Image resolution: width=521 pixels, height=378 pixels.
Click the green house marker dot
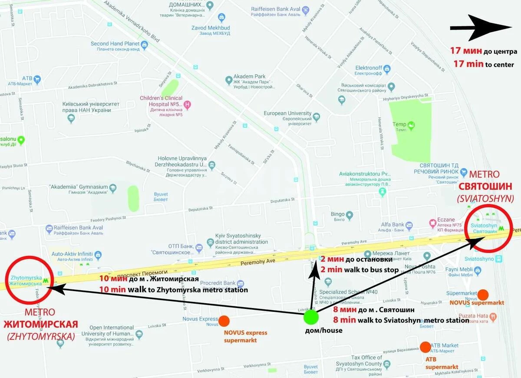311,317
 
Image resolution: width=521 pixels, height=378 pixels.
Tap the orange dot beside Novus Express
224,321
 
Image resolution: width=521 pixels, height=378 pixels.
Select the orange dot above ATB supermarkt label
425,347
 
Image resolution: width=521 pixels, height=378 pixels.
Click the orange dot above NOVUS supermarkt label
482,295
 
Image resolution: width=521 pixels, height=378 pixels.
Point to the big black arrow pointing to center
481,28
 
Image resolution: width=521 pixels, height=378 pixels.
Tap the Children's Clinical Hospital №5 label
161,101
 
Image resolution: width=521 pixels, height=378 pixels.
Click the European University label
287,113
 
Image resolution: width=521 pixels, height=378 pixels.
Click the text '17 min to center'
484,64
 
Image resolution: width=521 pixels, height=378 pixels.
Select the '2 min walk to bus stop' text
359,269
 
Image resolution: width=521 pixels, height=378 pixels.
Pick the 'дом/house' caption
323,330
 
